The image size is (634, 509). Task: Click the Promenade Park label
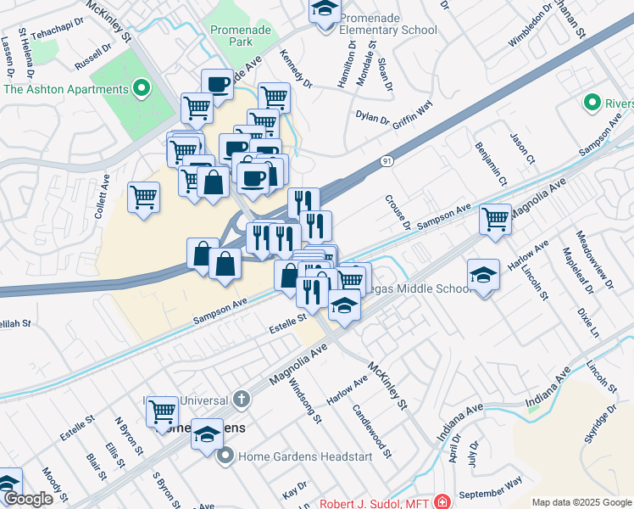pyautogui.click(x=231, y=35)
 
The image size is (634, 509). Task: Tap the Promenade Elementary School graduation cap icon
pyautogui.click(x=324, y=11)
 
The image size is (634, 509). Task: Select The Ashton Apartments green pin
pyautogui.click(x=142, y=88)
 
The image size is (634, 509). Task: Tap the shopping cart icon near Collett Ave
pyautogui.click(x=144, y=197)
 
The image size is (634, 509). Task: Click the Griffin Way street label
pyautogui.click(x=412, y=113)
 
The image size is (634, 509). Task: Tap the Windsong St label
pyautogui.click(x=305, y=400)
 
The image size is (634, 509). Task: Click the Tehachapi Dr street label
pyautogui.click(x=58, y=29)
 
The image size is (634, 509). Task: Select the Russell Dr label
pyautogui.click(x=92, y=59)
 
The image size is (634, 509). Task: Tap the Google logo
pyautogui.click(x=28, y=500)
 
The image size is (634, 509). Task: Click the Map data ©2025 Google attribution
pyautogui.click(x=581, y=502)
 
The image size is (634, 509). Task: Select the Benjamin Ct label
pyautogui.click(x=491, y=163)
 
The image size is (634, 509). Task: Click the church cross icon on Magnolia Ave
pyautogui.click(x=242, y=399)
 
